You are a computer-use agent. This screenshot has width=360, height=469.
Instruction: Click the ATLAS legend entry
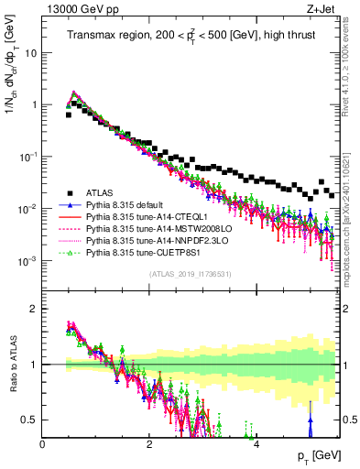pos(98,192)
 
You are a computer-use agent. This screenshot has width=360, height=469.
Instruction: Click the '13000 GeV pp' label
pos(72,9)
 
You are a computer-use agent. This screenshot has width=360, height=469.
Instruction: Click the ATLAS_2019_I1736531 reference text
pos(191,274)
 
